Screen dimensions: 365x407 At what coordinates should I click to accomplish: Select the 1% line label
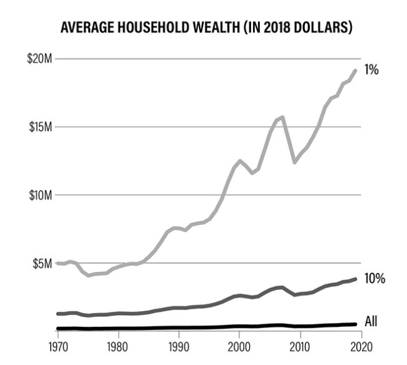click(372, 70)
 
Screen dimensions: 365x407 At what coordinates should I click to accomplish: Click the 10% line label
click(375, 279)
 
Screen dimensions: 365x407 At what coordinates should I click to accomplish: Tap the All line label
click(371, 322)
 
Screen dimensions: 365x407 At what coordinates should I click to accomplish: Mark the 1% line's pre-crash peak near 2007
click(282, 117)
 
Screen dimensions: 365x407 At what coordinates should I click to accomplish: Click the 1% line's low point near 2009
click(294, 163)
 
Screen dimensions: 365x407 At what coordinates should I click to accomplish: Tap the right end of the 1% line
click(355, 70)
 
